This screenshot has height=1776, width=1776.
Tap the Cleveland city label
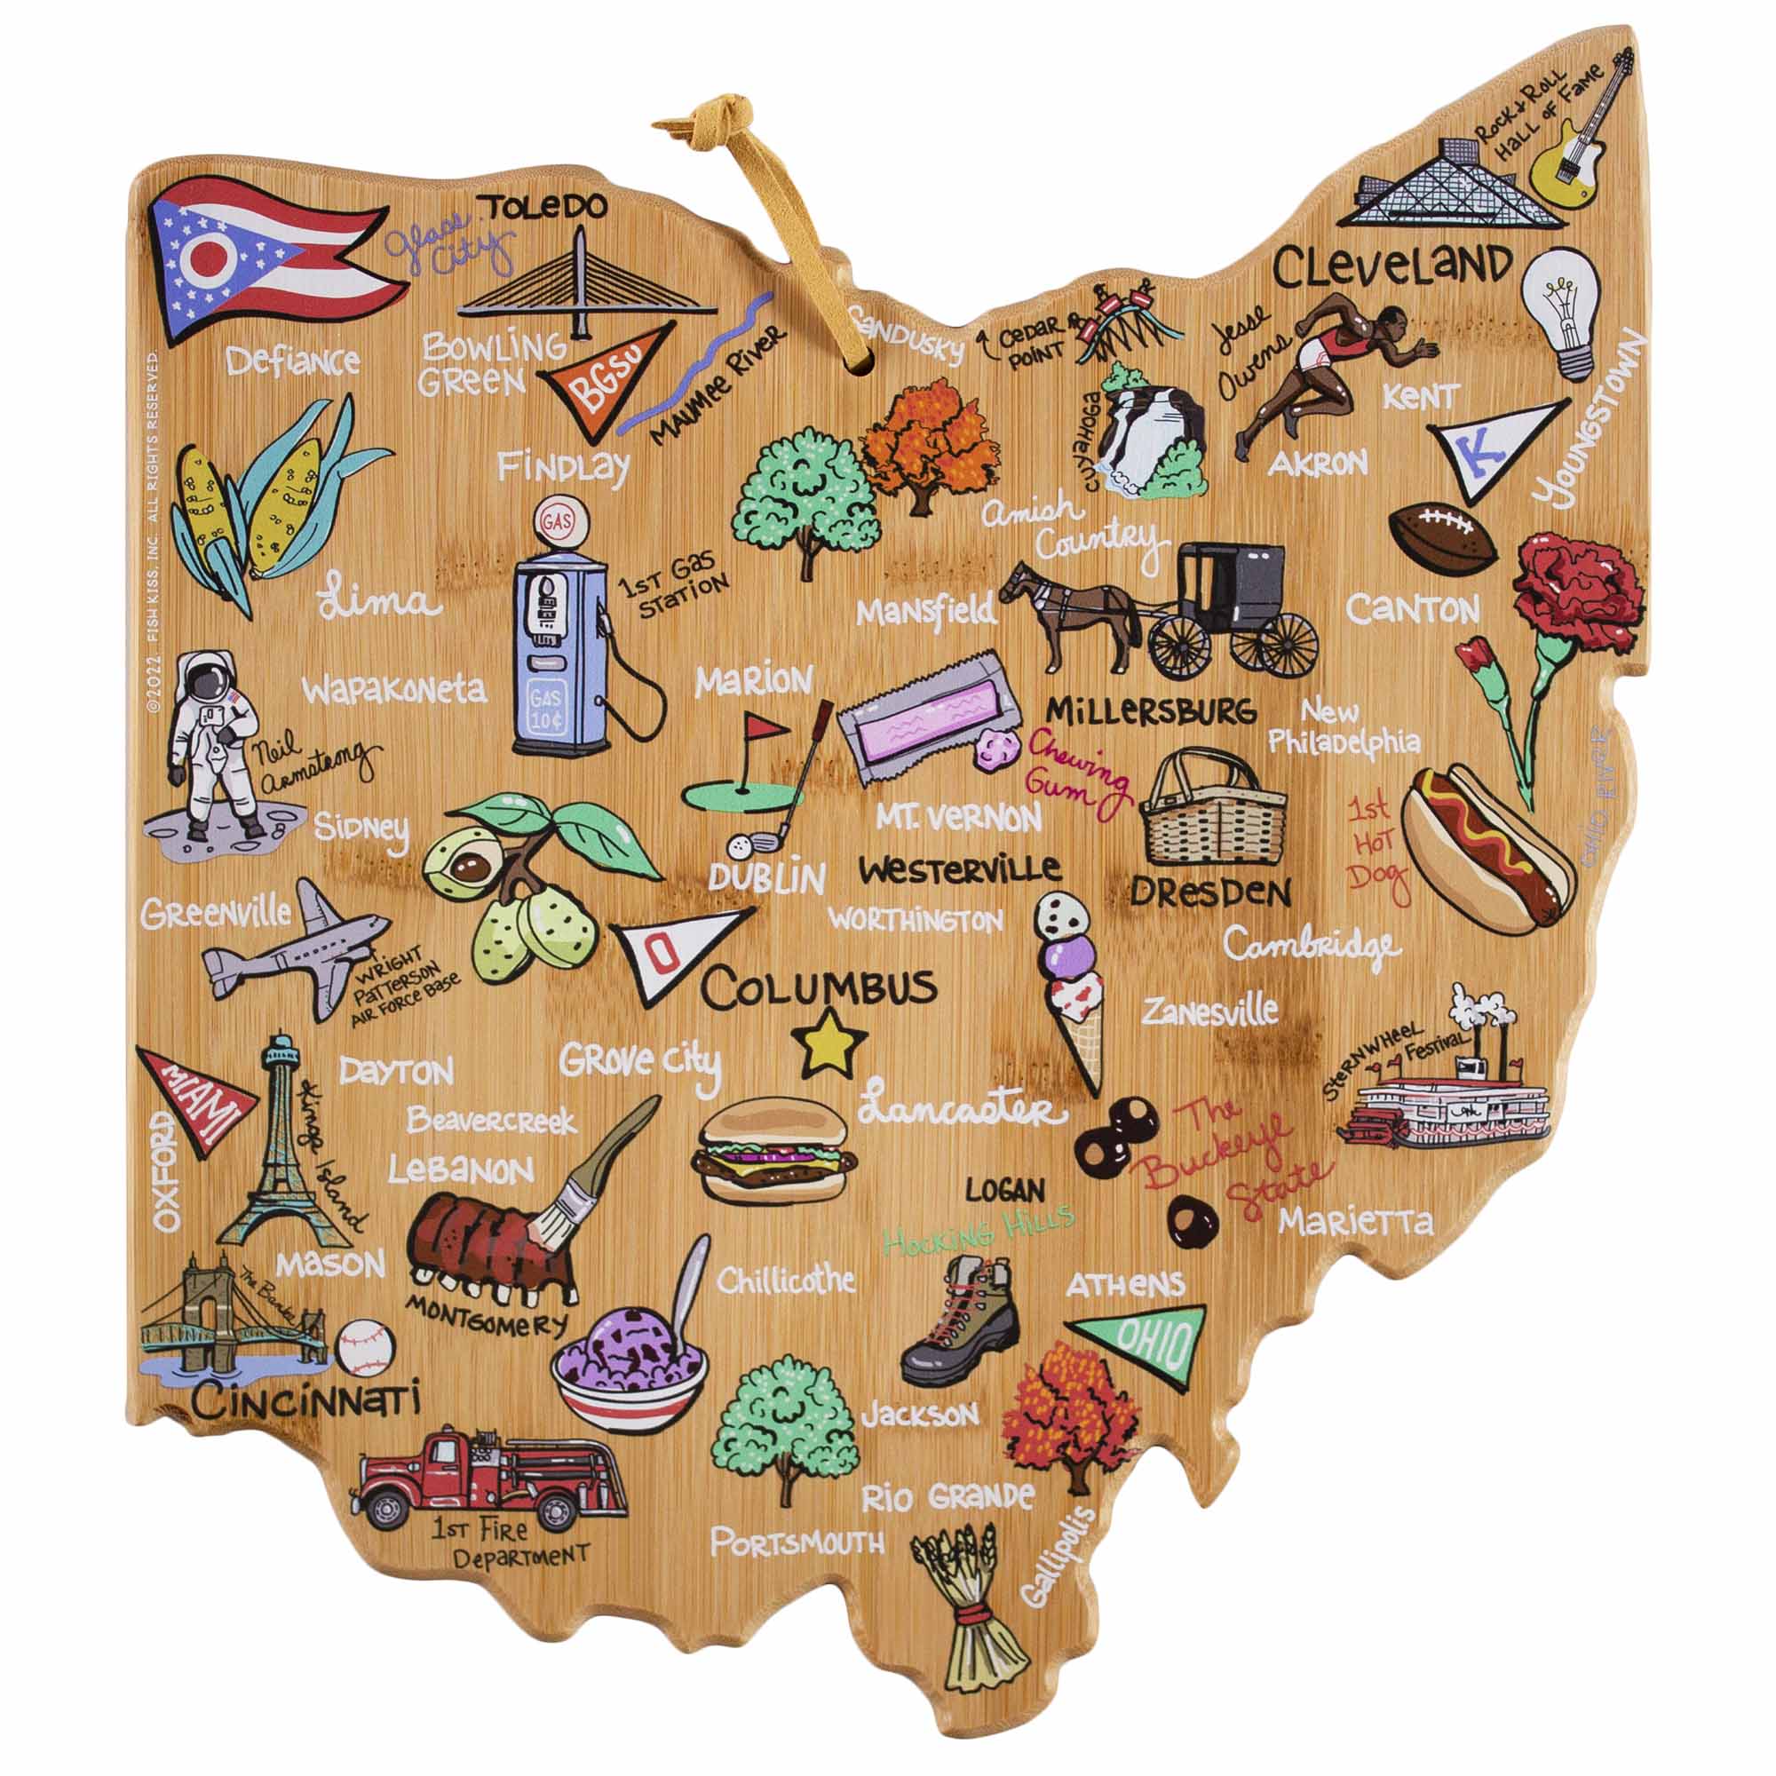[1391, 267]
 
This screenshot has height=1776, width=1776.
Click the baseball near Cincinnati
[365, 1347]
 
